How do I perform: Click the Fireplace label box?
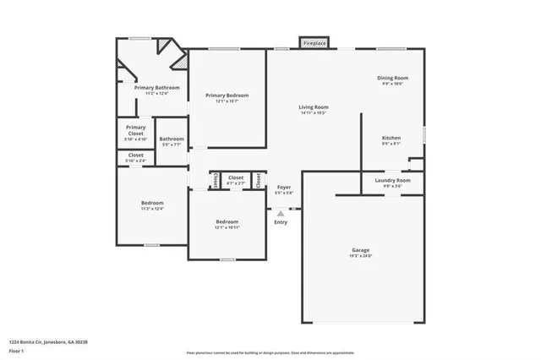click(314, 42)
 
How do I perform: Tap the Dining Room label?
click(392, 79)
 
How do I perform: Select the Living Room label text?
click(313, 107)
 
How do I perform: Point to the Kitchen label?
click(391, 138)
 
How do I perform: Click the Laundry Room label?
click(391, 180)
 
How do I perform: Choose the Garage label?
click(361, 251)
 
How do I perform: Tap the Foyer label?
click(284, 187)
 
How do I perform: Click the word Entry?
click(281, 222)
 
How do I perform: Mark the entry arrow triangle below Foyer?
click(281, 214)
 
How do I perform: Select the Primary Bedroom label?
click(227, 95)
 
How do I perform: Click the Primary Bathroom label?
click(156, 88)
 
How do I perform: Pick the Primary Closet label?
click(136, 131)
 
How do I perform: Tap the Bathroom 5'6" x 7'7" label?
click(172, 139)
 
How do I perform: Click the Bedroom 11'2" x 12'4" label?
click(152, 203)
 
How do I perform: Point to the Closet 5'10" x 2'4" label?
click(136, 155)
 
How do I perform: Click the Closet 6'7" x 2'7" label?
click(236, 177)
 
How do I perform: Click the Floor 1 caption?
click(15, 350)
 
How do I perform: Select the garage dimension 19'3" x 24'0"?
click(361, 255)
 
